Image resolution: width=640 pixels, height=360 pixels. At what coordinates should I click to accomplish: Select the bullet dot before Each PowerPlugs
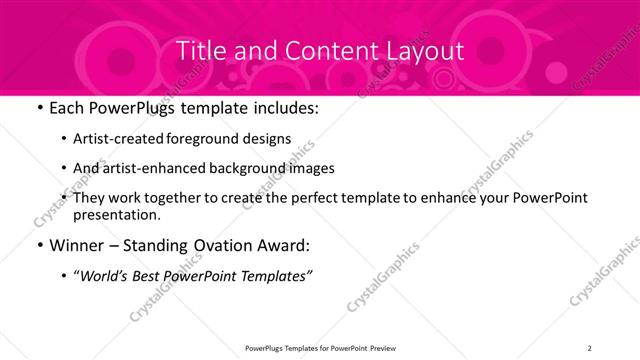click(x=37, y=108)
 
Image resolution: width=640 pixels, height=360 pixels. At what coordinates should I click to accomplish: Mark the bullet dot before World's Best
click(x=65, y=275)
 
